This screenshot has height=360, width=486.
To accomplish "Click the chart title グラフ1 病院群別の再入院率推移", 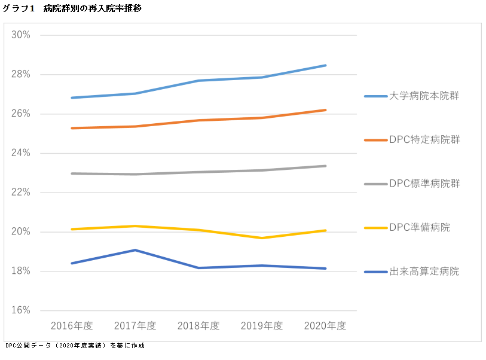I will coord(72,8).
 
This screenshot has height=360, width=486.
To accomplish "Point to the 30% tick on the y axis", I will coord(21,35).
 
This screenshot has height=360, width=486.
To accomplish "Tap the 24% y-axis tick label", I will coord(21,153).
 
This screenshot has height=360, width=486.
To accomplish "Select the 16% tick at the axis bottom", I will coord(21,310).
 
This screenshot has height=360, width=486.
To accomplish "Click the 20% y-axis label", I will coord(21,232).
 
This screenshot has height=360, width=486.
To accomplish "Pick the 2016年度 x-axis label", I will coord(72,326).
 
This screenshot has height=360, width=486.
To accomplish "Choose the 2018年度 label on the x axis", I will coord(198,326).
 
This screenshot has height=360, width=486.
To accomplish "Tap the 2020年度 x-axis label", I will coord(325,326).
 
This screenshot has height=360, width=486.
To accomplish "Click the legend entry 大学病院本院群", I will coord(424,96).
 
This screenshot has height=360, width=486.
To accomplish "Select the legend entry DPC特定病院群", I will coord(424,139).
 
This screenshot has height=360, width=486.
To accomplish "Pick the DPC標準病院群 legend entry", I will coord(424,183).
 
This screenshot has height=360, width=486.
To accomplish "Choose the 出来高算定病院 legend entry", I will coord(424,271).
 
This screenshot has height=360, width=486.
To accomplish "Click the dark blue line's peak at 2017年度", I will coord(135,250).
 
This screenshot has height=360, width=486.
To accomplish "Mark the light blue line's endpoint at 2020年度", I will coord(325,65).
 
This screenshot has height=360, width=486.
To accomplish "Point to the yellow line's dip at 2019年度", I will coord(262,238).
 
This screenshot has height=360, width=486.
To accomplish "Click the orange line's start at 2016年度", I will coord(72,128).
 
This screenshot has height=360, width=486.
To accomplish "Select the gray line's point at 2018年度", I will coord(198,172).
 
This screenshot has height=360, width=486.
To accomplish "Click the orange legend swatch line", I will coord(375,140).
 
